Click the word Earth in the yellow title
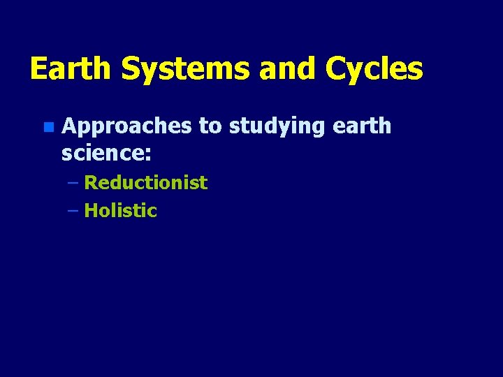71,69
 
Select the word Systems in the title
184,69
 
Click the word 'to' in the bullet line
210,126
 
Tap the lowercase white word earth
362,126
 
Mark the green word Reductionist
145,183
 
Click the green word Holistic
120,211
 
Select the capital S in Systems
131,69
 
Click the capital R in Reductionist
90,183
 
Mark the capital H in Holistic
90,211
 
